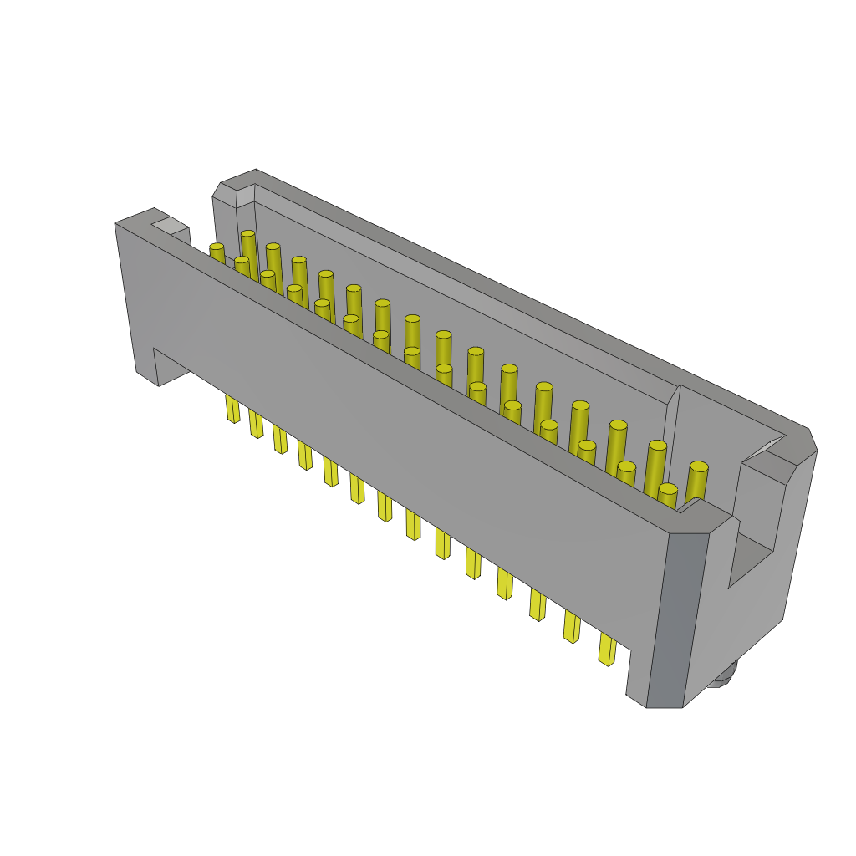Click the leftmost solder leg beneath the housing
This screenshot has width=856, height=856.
point(232,409)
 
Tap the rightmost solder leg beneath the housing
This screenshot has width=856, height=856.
point(606,650)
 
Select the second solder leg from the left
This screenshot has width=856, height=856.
point(255,424)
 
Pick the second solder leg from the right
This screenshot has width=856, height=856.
point(571,626)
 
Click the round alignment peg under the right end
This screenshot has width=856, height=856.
point(724,675)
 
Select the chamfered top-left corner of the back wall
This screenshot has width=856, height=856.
point(224,191)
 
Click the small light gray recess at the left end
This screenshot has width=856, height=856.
point(170,225)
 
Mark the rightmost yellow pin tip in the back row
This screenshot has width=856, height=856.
point(698,467)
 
